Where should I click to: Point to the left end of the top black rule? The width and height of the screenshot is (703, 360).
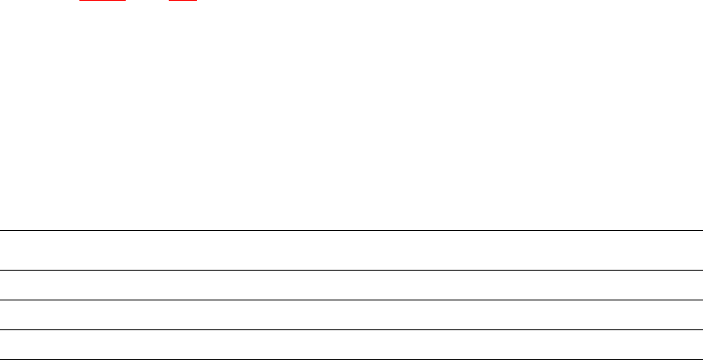(1, 230)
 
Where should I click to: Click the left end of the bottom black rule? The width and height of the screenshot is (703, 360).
(1, 359)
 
